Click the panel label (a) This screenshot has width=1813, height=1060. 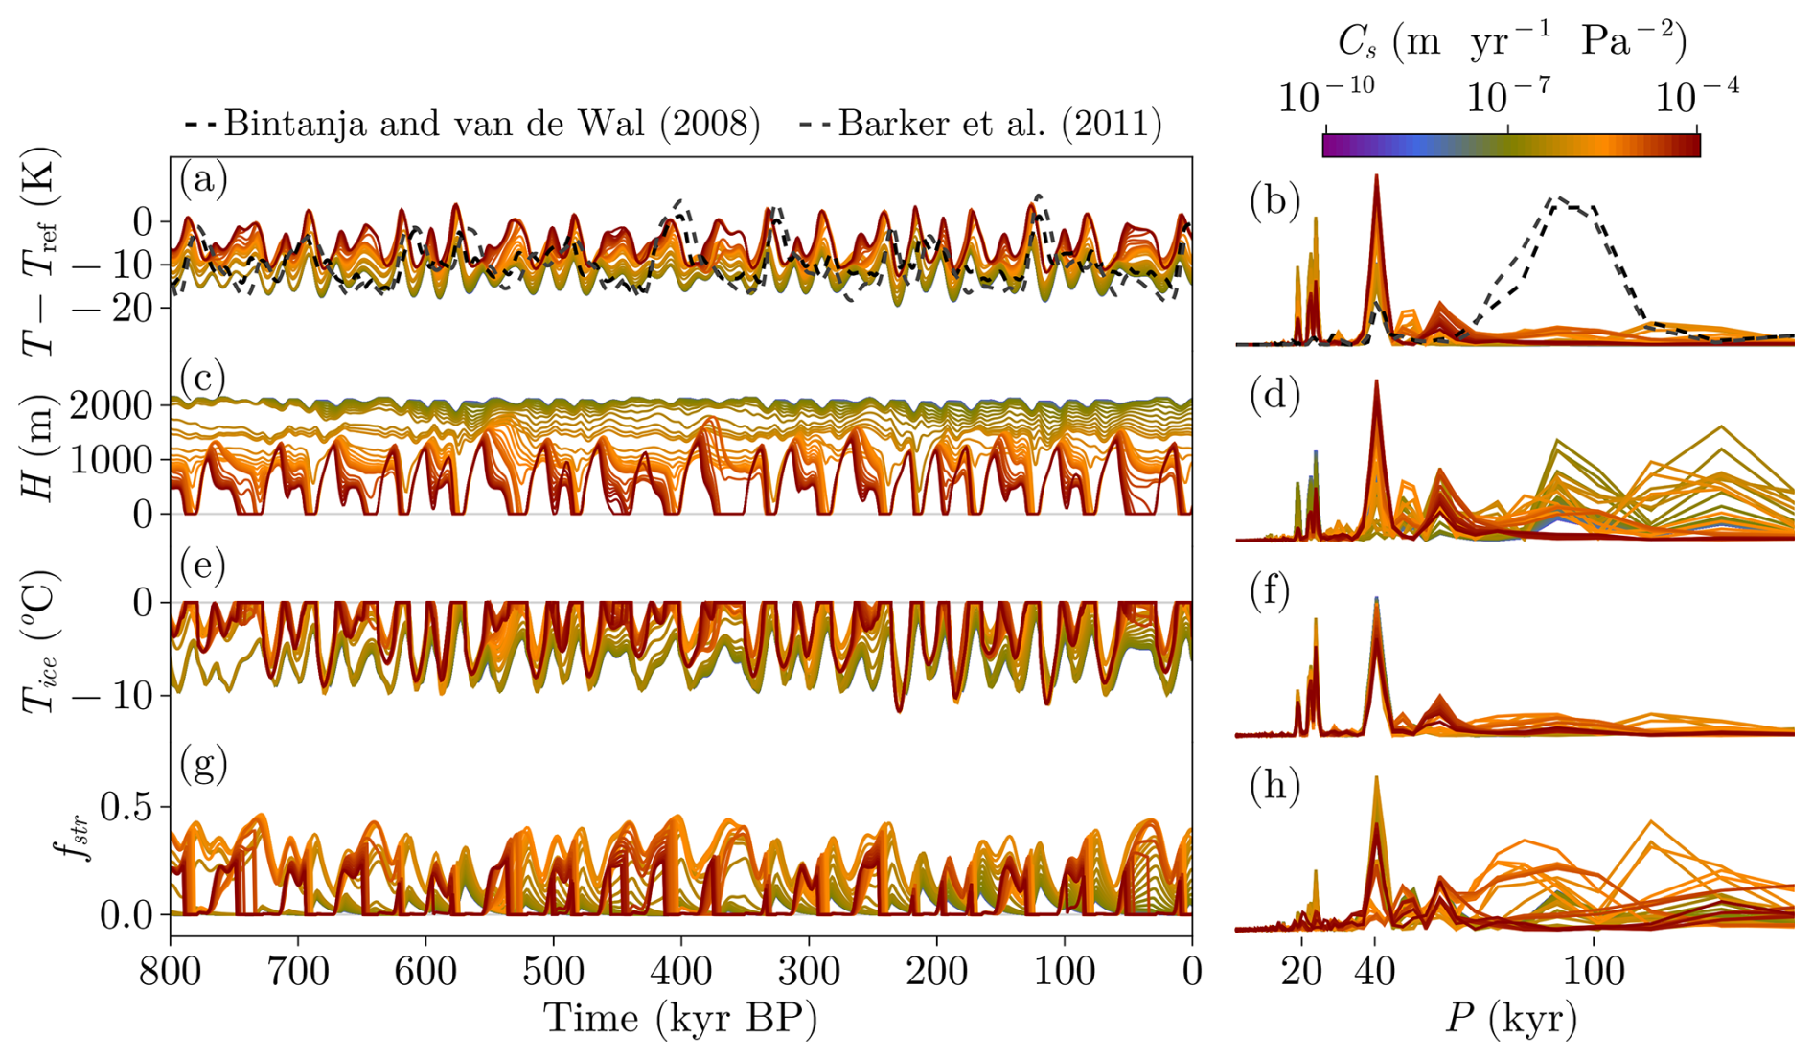tap(203, 179)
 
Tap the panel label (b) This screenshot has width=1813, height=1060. tap(1274, 201)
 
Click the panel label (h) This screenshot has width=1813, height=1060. tap(1274, 786)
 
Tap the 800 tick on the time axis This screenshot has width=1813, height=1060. tap(171, 972)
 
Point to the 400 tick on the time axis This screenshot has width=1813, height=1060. tap(681, 972)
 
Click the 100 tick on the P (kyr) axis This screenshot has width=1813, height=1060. tap(1594, 972)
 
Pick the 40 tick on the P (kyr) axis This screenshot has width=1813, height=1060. tap(1375, 972)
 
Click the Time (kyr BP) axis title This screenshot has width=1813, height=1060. tap(680, 1019)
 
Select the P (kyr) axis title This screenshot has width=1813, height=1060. tap(1511, 1019)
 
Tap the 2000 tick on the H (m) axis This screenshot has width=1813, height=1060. tap(112, 406)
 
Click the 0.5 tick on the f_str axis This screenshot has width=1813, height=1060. tap(126, 808)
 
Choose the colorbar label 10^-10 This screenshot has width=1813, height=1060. tap(1326, 96)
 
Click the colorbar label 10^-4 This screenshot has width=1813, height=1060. tap(1697, 96)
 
